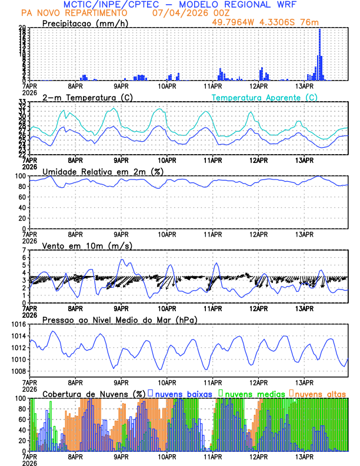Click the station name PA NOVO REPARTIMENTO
click(x=74, y=12)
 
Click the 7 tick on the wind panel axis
click(x=26, y=250)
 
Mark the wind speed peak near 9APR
click(x=122, y=259)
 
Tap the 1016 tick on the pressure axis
click(x=21, y=324)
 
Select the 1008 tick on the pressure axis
click(x=21, y=371)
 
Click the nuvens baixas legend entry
click(x=183, y=393)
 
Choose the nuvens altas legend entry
click(x=320, y=393)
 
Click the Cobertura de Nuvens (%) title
click(x=94, y=393)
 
